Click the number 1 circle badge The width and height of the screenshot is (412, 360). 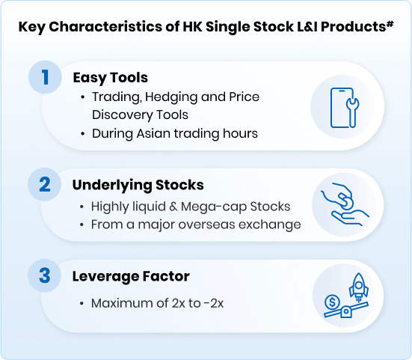click(x=46, y=78)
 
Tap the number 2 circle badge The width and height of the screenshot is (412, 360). click(x=46, y=184)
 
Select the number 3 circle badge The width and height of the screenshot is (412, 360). click(x=46, y=276)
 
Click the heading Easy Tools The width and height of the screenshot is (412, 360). click(x=111, y=77)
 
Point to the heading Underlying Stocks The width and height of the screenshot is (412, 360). click(x=138, y=184)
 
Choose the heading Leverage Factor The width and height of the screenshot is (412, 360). click(x=131, y=276)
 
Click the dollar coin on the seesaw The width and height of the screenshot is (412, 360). click(x=331, y=303)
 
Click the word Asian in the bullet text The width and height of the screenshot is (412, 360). click(x=156, y=133)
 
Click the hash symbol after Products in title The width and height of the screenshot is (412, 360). click(x=390, y=24)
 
